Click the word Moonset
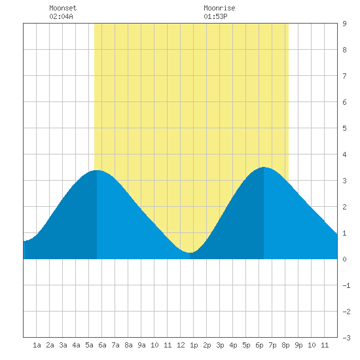[63, 8]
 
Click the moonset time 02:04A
[61, 16]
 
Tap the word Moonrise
[219, 8]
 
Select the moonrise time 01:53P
[215, 16]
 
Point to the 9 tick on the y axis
[344, 24]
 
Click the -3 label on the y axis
[346, 338]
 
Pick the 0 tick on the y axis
[344, 259]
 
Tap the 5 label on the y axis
[344, 128]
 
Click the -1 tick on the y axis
[346, 285]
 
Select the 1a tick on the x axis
[37, 345]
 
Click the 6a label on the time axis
[102, 345]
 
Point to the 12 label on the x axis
[181, 345]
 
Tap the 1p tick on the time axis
[194, 345]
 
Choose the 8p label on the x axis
[285, 345]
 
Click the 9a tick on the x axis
[141, 345]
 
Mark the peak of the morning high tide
[97, 170]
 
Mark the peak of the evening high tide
[264, 167]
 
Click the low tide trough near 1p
[190, 253]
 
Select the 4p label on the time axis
[233, 345]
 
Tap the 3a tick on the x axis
[63, 345]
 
